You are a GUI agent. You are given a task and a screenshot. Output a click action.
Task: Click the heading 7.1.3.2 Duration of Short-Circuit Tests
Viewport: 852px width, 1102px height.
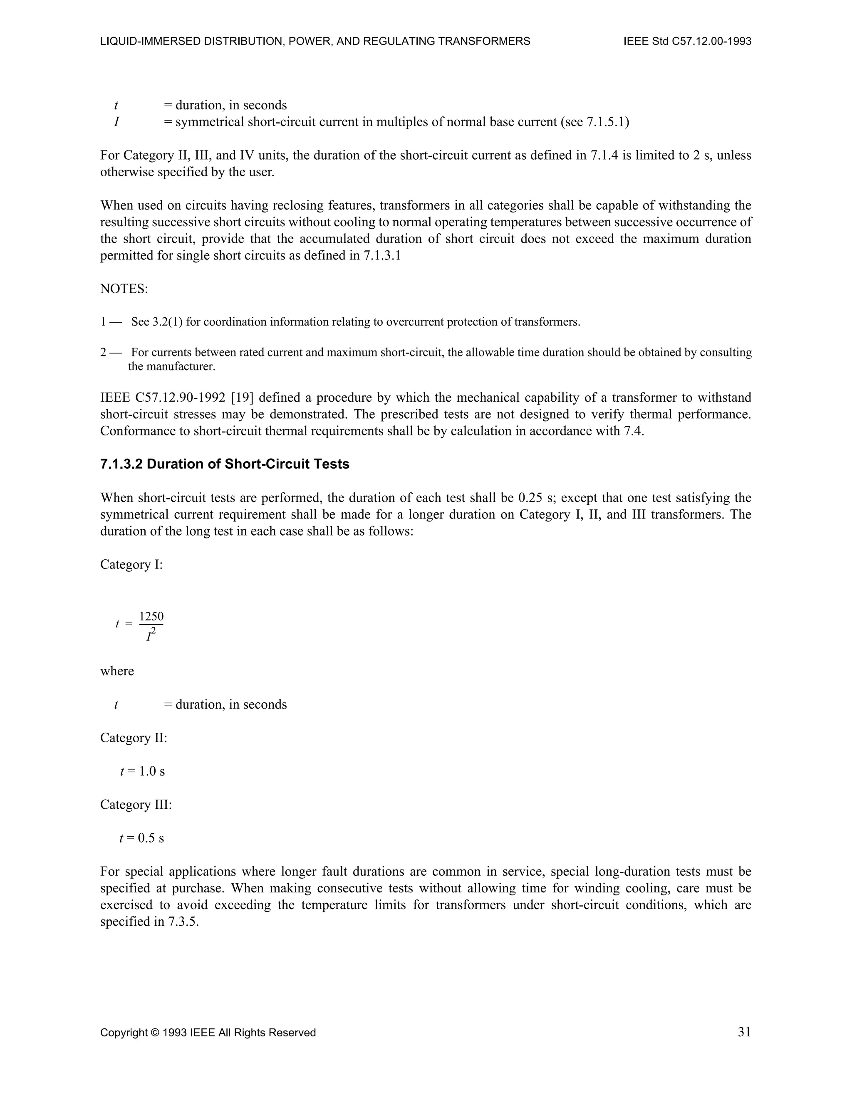225,464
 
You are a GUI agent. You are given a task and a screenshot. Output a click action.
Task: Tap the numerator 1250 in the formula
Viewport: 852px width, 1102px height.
151,617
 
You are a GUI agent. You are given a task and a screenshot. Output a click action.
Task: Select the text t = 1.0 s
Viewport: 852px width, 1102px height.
142,771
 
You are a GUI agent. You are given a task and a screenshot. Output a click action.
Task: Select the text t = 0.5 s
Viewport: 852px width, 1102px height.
142,838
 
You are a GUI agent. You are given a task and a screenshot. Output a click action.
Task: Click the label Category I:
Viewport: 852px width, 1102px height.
131,565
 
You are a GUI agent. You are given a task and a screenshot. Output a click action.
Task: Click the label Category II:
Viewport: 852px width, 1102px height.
133,738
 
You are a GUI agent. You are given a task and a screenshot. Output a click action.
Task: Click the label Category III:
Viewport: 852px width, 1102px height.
136,805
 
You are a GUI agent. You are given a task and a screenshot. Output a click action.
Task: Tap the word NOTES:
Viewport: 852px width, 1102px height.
124,289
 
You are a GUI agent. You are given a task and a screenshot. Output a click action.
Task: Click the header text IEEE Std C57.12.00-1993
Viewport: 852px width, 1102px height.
687,41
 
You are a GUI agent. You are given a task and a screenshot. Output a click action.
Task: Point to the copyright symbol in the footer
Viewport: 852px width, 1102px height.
154,1033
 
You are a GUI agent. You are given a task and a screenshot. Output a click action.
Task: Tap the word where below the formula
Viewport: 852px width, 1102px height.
117,671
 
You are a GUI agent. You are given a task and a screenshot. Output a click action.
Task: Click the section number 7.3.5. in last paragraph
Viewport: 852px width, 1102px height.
183,922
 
